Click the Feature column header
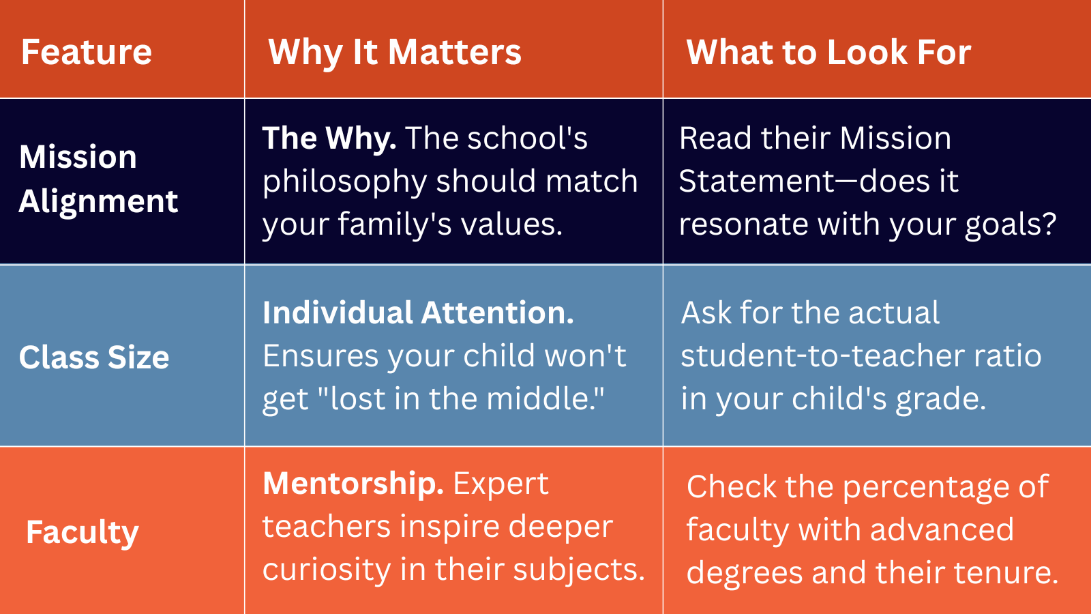(87, 52)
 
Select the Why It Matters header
(395, 53)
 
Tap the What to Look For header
(828, 52)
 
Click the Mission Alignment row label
(98, 179)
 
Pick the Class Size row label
(94, 357)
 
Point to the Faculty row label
(83, 533)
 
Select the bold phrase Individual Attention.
(418, 312)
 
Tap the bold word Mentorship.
(353, 484)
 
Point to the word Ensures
(320, 355)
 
